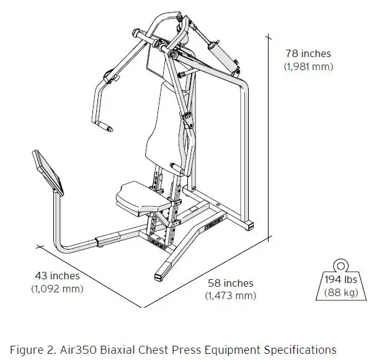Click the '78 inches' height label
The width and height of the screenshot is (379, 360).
pyautogui.click(x=308, y=54)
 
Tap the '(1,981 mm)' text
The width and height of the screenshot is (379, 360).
pyautogui.click(x=308, y=66)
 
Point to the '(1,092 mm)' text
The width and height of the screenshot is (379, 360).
pyautogui.click(x=56, y=289)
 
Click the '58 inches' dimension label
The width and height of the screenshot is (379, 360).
pyautogui.click(x=230, y=283)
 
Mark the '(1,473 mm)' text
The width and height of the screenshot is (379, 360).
pyautogui.click(x=230, y=295)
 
